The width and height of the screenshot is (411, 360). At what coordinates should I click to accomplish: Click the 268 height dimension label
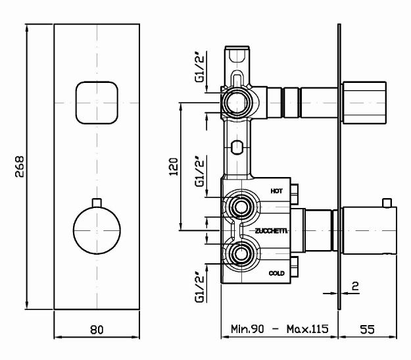[x=19, y=167]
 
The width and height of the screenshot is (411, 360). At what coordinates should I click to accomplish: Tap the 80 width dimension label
[x=97, y=330]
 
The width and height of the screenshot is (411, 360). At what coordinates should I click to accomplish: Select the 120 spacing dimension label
[x=173, y=167]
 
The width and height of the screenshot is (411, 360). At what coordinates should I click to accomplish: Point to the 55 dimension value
[x=367, y=329]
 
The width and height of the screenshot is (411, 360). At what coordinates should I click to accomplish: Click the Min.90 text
[x=247, y=329]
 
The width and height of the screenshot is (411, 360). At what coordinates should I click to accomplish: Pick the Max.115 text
[x=307, y=329]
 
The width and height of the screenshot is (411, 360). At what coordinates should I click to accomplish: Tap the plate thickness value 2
[x=355, y=286]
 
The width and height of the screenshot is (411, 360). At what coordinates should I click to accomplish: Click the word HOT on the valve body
[x=277, y=191]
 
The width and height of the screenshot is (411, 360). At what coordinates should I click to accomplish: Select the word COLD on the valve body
[x=277, y=273]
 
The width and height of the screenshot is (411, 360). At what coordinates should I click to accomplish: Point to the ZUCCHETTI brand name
[x=272, y=231]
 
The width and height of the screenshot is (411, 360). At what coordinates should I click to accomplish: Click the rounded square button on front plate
[x=97, y=103]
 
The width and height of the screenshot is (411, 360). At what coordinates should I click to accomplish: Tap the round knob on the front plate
[x=97, y=230]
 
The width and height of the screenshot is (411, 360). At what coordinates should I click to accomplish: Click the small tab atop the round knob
[x=97, y=203]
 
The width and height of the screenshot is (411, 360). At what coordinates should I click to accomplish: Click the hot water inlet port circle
[x=241, y=207]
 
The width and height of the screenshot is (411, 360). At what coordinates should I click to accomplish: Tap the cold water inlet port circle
[x=241, y=254]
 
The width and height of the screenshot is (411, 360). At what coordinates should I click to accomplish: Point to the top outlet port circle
[x=237, y=103]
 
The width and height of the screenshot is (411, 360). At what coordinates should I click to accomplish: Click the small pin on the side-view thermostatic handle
[x=387, y=203]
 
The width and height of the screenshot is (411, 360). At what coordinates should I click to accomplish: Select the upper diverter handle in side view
[x=364, y=103]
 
